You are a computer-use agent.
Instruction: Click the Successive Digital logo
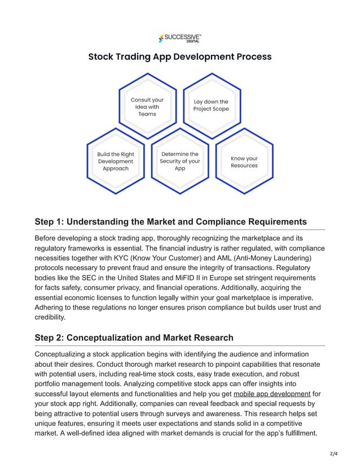pos(179,38)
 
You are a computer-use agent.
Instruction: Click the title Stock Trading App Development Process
pos(179,56)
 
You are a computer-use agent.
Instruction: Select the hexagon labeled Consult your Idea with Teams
pos(147,107)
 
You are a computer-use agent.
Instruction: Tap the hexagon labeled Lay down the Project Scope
pos(211,105)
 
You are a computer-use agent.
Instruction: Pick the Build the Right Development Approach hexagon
pos(116,161)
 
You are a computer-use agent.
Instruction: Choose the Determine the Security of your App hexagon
pos(179,161)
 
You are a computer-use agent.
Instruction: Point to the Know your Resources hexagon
pos(244,162)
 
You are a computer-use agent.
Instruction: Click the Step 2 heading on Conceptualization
pos(134,337)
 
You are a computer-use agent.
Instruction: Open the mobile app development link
pos(272,393)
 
